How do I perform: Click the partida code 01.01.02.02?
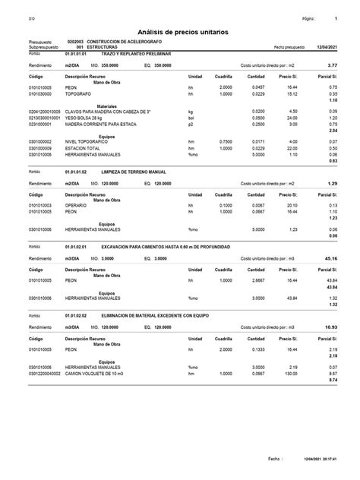(79, 316)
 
